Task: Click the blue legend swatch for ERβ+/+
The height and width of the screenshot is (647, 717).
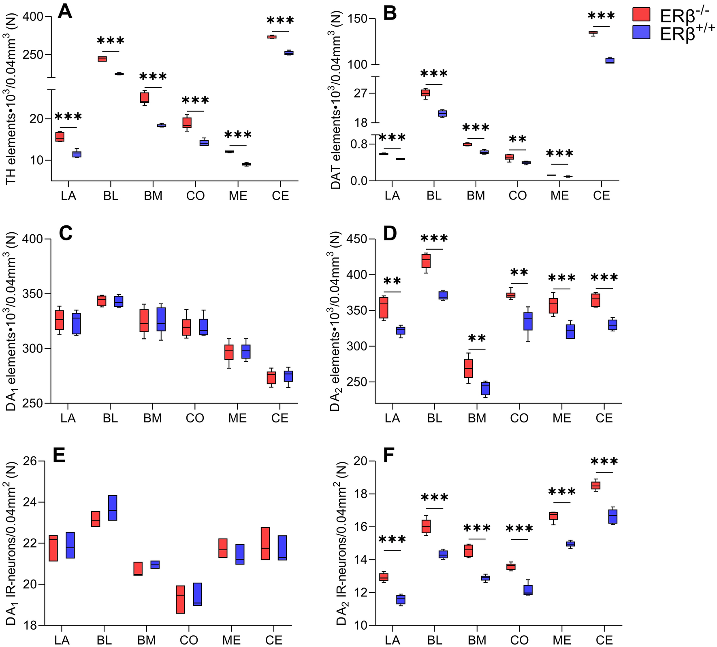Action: [641, 32]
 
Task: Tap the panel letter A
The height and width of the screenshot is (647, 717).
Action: [65, 11]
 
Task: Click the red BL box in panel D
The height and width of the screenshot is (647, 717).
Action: [426, 261]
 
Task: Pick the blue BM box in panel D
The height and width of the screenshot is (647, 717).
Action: [485, 388]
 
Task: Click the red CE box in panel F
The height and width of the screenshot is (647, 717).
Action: [596, 485]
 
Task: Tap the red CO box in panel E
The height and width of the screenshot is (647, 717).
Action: [180, 599]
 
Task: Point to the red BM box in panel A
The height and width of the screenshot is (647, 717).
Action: [145, 98]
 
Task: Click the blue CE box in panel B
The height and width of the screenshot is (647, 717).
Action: [610, 60]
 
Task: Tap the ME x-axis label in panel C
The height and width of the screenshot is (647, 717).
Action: [237, 418]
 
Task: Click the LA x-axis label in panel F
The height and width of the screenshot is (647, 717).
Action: [392, 640]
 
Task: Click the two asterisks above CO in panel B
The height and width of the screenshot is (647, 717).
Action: [517, 140]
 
